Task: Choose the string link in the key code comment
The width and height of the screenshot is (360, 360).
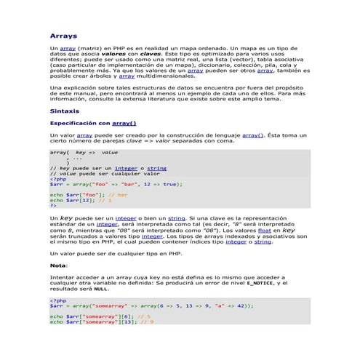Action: tap(156, 168)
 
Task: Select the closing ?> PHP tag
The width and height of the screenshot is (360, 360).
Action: tap(53, 205)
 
